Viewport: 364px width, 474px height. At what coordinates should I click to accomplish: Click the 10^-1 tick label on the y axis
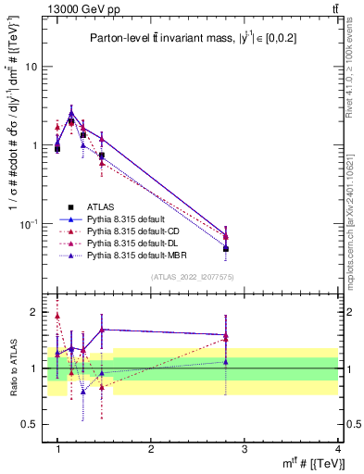click(30, 224)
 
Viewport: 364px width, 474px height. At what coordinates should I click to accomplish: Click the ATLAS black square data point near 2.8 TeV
click(226, 249)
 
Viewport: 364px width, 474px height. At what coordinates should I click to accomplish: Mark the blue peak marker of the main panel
click(71, 113)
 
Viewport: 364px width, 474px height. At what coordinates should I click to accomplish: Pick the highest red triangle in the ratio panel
click(57, 316)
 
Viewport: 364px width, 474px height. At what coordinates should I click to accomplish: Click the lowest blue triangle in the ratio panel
click(83, 391)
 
